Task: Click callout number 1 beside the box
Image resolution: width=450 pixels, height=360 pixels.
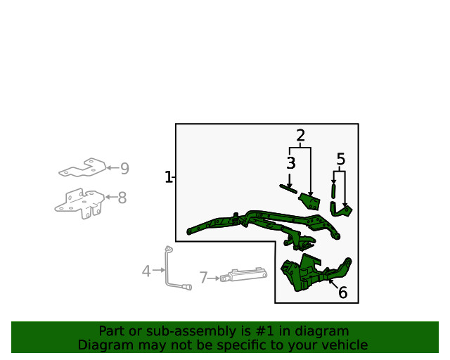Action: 168,177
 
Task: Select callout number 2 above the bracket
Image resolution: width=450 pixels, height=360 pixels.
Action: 300,136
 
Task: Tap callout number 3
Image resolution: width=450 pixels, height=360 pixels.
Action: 290,163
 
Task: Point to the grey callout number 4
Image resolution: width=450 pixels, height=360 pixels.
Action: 146,271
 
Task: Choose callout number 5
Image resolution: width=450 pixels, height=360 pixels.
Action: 340,159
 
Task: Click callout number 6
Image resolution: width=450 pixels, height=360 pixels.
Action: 343,292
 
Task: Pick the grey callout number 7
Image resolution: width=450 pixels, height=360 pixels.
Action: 203,278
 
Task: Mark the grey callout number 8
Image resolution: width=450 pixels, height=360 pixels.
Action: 122,198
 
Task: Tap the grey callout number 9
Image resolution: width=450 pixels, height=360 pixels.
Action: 124,168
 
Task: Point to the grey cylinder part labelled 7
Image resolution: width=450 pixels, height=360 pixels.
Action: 244,275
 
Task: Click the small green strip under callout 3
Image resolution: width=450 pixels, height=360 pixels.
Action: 288,189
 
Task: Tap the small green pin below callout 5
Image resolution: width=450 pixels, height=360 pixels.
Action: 333,191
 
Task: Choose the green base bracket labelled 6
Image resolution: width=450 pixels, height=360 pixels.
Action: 314,273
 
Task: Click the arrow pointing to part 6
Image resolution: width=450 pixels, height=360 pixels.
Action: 333,284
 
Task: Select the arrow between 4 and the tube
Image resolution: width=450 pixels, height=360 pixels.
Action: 159,270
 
